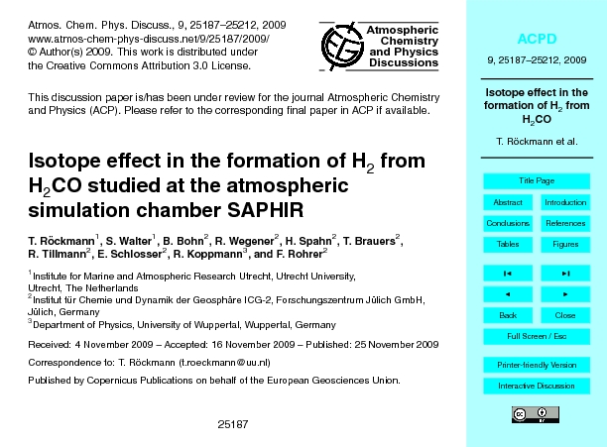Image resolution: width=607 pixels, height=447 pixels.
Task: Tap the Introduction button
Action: click(x=565, y=202)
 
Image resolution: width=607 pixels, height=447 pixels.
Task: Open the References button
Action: click(x=565, y=223)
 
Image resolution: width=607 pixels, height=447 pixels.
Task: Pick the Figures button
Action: click(x=565, y=244)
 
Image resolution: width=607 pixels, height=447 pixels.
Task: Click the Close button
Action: click(x=565, y=315)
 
